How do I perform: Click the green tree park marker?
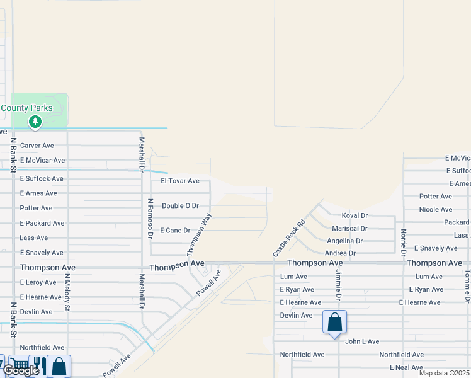coord(35,121)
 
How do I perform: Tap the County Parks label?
coord(26,108)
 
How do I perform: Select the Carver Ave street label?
coord(37,146)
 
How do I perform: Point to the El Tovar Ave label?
coord(180,181)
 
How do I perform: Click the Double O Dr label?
coord(180,206)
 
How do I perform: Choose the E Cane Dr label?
coord(175,231)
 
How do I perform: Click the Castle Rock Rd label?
coord(289,238)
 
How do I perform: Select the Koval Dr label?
coord(355,215)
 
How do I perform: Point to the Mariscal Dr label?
coord(349,229)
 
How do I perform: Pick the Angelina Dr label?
coord(345,241)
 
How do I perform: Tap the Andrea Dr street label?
coord(340,253)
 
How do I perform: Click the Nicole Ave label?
coord(436,210)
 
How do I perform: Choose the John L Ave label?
coord(362,341)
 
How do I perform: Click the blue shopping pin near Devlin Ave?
coord(335,322)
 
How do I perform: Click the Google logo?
coord(20,371)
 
